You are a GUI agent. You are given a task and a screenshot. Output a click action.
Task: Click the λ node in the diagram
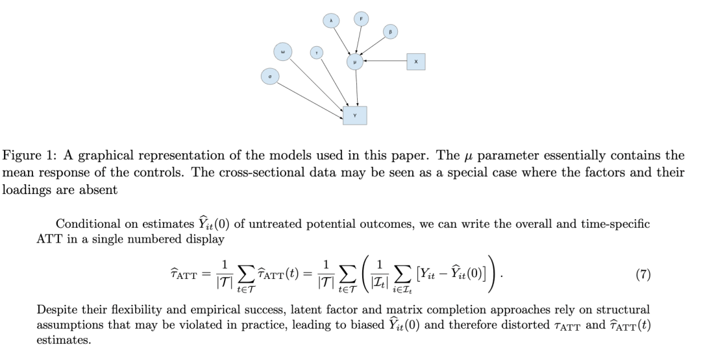click(x=331, y=21)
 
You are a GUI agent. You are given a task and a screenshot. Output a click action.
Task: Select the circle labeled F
click(x=361, y=19)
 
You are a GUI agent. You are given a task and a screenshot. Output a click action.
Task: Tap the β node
click(x=390, y=31)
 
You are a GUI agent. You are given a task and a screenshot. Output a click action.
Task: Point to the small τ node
click(x=317, y=53)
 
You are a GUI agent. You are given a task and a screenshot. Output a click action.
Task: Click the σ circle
click(x=270, y=77)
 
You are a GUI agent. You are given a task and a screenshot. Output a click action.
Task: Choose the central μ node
click(x=355, y=62)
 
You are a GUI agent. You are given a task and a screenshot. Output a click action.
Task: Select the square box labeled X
click(x=416, y=62)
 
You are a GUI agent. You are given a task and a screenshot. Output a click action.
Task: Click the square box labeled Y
click(x=355, y=115)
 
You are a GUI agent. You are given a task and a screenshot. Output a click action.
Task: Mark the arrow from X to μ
click(x=386, y=62)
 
